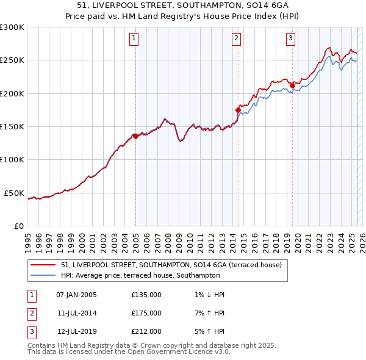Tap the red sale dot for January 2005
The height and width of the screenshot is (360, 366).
pos(135,137)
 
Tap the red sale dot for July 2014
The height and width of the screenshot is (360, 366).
pos(238,110)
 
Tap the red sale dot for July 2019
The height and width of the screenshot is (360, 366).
pos(292,85)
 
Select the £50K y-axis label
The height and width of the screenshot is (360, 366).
pos(15,193)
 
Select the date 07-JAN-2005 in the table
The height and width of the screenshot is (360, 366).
pos(76,295)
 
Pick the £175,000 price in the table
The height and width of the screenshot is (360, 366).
pos(146,313)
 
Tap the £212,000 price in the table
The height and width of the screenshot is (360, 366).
pos(146,331)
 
